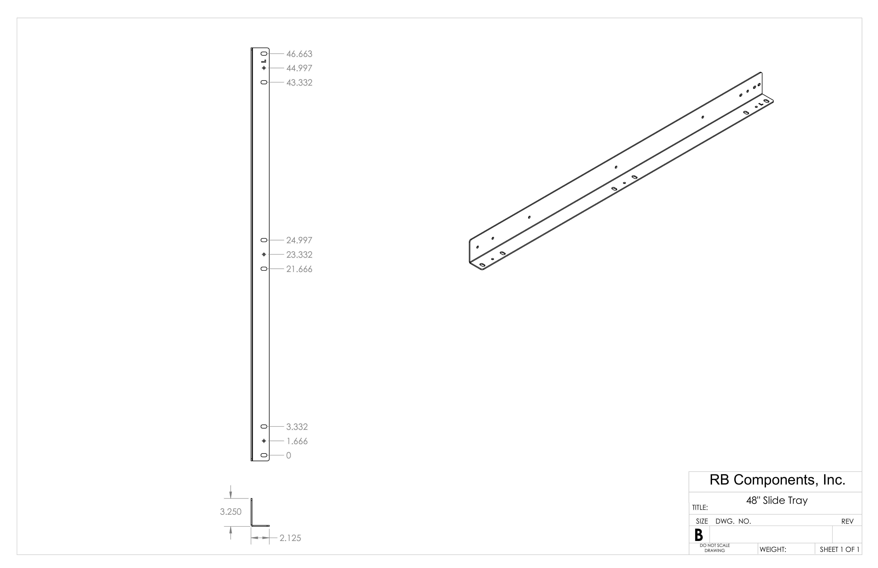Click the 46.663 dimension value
coord(299,54)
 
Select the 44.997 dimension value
coord(299,68)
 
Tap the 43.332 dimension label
coord(299,83)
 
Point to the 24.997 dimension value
coord(299,240)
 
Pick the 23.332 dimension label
coord(299,255)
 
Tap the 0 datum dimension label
coord(289,455)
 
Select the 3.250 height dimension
coord(231,512)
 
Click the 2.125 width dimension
coord(290,538)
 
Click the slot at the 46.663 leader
coord(264,54)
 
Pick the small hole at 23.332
coord(264,255)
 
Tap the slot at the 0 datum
coord(264,455)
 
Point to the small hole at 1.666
coord(264,441)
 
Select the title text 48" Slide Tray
coord(777,501)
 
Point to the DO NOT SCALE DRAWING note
coord(715,548)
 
